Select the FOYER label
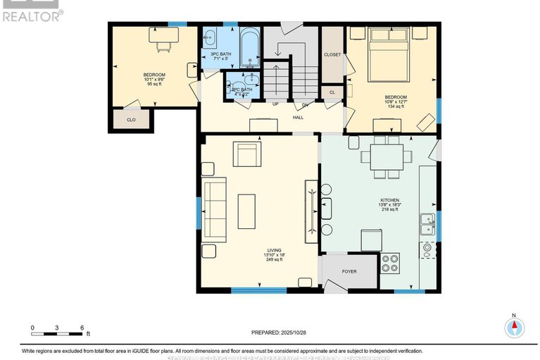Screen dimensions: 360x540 click(x=349, y=271)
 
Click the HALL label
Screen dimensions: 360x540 click(x=299, y=118)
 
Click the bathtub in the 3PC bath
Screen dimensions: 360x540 click(x=251, y=45)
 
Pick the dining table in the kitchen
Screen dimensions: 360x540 click(x=387, y=157)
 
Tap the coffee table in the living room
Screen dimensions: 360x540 click(x=246, y=211)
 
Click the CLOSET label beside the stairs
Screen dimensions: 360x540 click(x=333, y=54)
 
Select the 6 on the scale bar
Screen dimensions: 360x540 click(x=82, y=328)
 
